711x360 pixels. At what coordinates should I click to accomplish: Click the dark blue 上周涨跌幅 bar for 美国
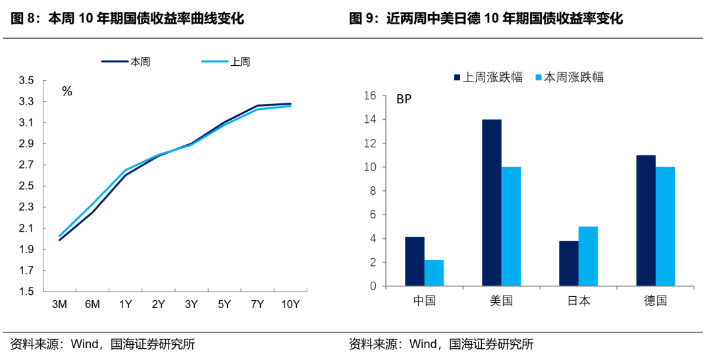click(492, 203)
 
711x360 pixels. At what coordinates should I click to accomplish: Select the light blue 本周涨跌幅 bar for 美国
click(511, 226)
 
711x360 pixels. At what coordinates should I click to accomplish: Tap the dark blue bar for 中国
click(415, 261)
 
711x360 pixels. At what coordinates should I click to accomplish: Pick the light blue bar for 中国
click(434, 273)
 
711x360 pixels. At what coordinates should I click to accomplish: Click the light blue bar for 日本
click(588, 256)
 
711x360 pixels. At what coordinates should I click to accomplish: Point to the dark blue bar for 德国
click(646, 220)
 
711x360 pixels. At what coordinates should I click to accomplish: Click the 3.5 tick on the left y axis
click(27, 81)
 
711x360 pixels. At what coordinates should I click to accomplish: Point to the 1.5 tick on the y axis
click(27, 292)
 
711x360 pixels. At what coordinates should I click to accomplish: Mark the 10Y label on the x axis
click(290, 305)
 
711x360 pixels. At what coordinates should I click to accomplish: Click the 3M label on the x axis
click(59, 305)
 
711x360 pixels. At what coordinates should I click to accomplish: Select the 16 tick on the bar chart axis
click(370, 96)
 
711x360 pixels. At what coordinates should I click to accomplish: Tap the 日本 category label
click(579, 301)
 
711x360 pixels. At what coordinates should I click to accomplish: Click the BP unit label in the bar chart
click(404, 100)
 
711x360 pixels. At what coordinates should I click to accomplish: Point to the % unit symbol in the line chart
click(67, 91)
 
